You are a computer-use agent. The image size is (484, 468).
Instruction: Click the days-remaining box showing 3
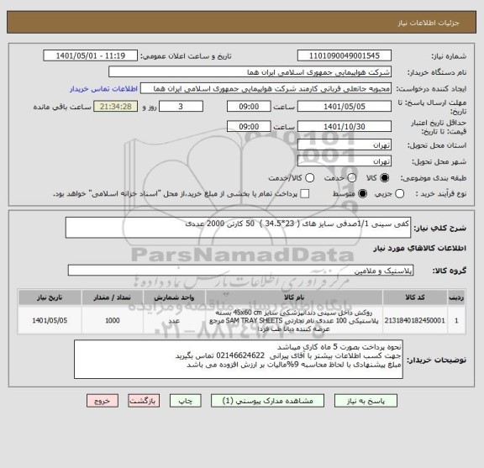[x=181, y=107]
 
